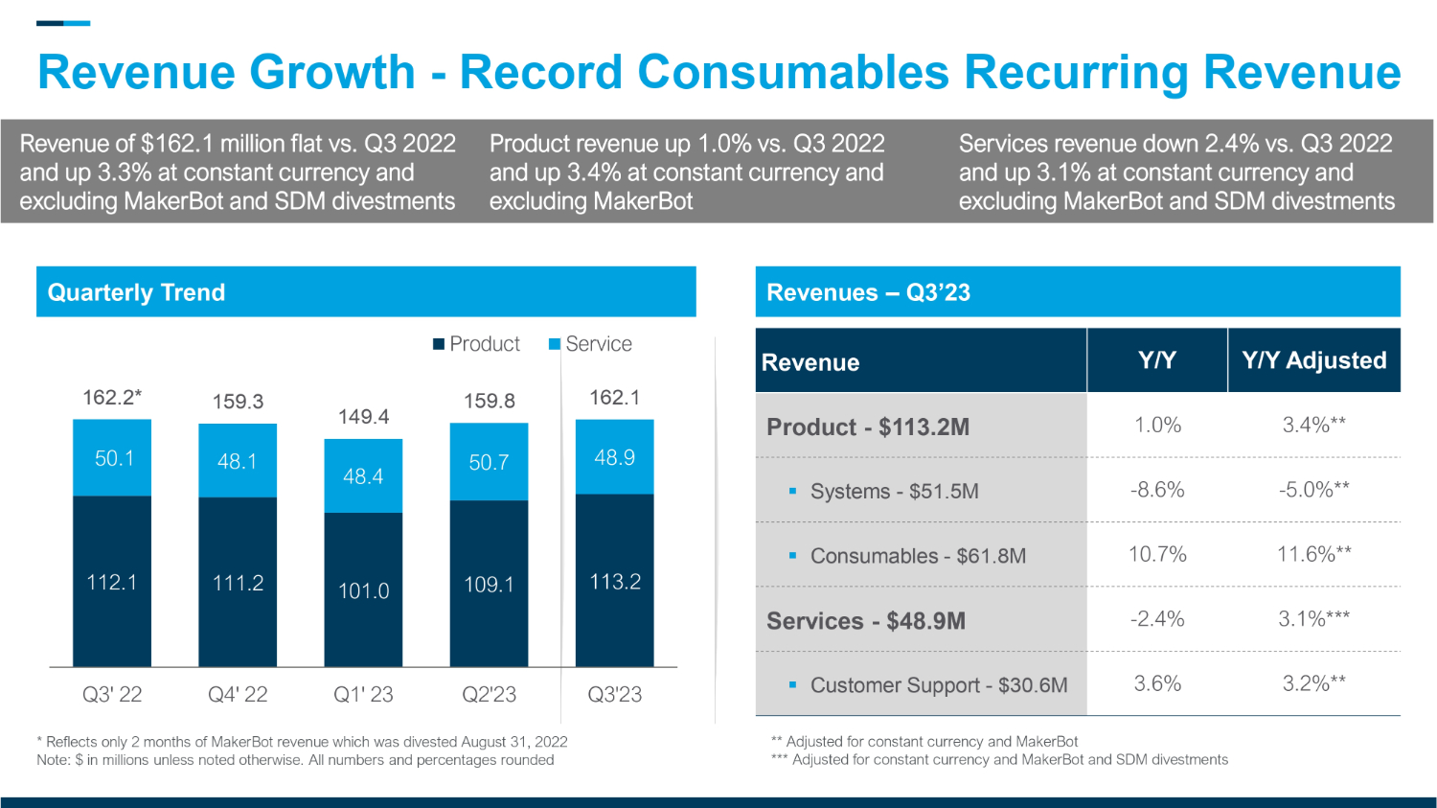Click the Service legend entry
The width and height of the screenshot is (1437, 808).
[590, 344]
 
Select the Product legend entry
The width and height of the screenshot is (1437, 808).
[476, 344]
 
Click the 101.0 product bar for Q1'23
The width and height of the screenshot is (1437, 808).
[363, 590]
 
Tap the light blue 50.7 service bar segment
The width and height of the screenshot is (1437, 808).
[489, 462]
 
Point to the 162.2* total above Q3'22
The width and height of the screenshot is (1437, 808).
[112, 398]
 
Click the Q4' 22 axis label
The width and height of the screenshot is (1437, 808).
[238, 695]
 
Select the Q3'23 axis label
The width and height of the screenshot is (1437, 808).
[614, 695]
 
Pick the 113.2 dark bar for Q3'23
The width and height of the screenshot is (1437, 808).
[614, 582]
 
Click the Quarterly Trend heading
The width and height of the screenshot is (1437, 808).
[136, 292]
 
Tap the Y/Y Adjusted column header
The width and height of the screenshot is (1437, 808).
[1313, 360]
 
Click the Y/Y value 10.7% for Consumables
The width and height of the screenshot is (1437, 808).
[1157, 554]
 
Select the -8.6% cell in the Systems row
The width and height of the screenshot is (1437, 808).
[1157, 490]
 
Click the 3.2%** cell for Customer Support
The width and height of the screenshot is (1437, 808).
[1313, 683]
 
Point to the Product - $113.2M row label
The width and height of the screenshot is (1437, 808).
[868, 427]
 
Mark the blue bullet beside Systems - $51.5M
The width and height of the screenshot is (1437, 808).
[792, 491]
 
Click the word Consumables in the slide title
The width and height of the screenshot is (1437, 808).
[792, 73]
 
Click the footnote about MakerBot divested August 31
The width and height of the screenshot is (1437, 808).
[302, 742]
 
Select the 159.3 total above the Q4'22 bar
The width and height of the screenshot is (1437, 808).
[238, 402]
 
